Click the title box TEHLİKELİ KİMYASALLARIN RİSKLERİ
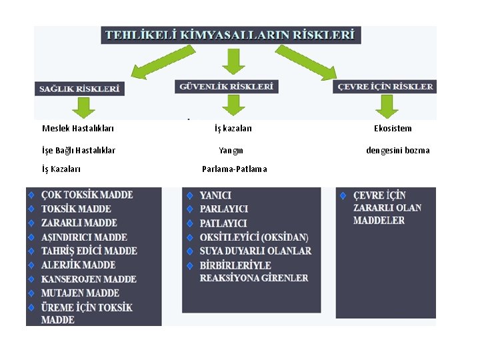click(x=231, y=35)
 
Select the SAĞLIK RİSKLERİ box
click(x=79, y=87)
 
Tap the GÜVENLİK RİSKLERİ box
click(x=227, y=86)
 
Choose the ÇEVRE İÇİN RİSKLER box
click(x=385, y=86)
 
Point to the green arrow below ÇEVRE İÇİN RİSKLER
click(x=386, y=105)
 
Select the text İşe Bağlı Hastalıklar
click(x=78, y=151)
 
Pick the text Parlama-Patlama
click(x=234, y=169)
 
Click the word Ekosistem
click(x=393, y=129)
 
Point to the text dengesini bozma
click(x=397, y=151)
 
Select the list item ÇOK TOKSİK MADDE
click(x=87, y=195)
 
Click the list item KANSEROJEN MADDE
click(x=89, y=279)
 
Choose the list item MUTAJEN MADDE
click(x=80, y=293)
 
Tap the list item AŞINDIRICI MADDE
click(x=84, y=237)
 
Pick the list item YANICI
click(x=215, y=195)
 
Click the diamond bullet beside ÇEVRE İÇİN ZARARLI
click(x=343, y=196)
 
